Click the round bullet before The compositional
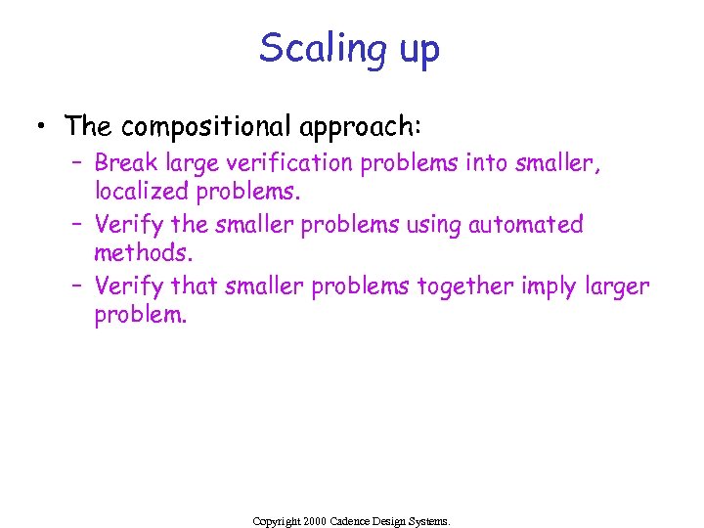pyautogui.click(x=41, y=125)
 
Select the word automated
pyautogui.click(x=526, y=224)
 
